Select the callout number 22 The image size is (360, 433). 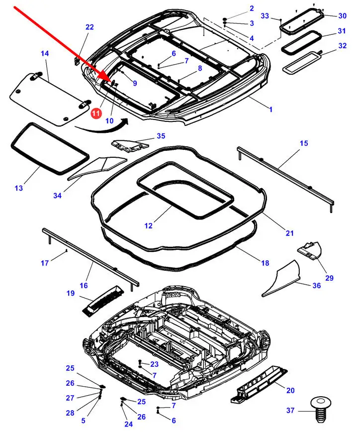(x=90, y=27)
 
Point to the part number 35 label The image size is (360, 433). (x=161, y=136)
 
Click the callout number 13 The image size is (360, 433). (x=18, y=188)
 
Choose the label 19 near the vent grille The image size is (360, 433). (x=70, y=294)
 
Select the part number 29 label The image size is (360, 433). (x=329, y=278)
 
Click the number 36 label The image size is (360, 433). (x=316, y=285)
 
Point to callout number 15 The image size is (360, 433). (x=304, y=144)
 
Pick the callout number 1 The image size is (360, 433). (x=270, y=109)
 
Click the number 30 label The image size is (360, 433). (x=342, y=16)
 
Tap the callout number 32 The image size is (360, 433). (x=342, y=46)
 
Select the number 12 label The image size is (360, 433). (x=149, y=225)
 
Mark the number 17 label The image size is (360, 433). (x=45, y=263)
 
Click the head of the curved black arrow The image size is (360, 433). (x=127, y=120)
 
